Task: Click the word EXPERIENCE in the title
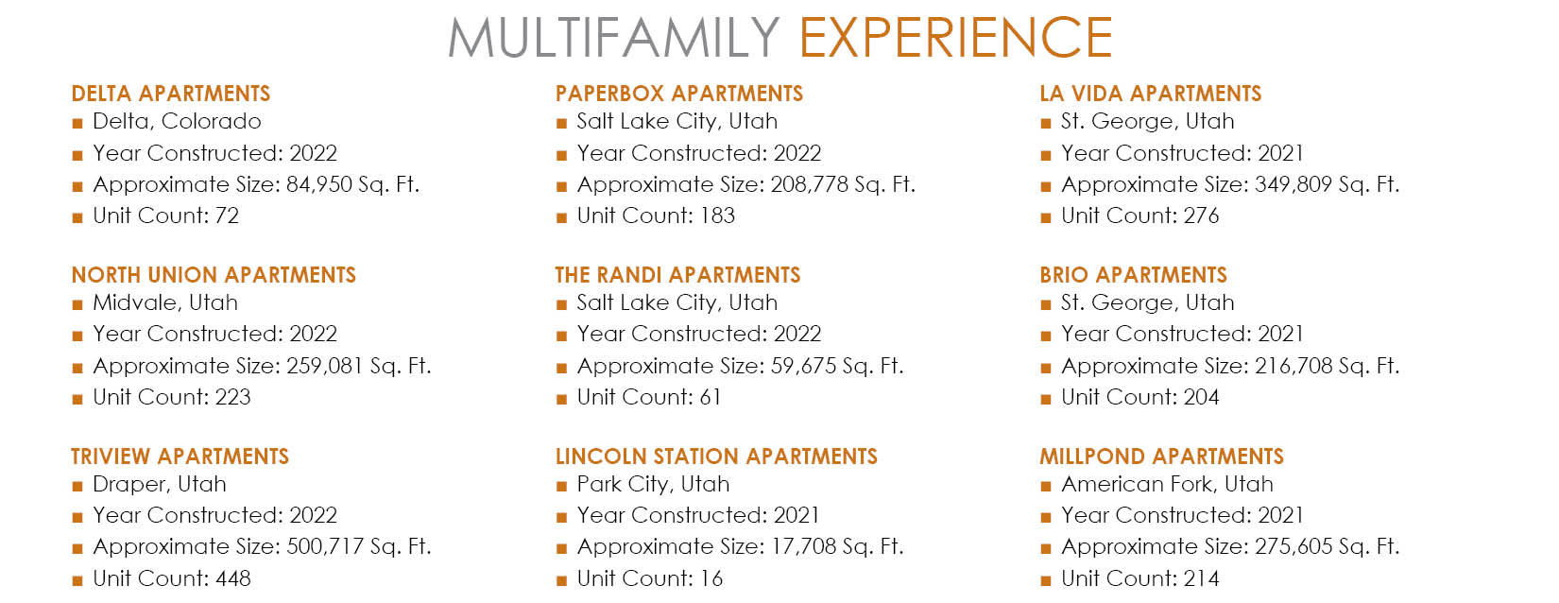(x=955, y=38)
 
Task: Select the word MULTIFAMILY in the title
(x=614, y=38)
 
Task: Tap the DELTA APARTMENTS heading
(x=170, y=94)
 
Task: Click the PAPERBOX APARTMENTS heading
(x=679, y=94)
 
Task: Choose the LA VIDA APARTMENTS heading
(x=1151, y=94)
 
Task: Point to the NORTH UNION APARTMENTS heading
(x=214, y=275)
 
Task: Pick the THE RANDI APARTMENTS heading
(x=677, y=275)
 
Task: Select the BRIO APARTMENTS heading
(x=1133, y=275)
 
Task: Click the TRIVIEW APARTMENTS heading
(x=180, y=457)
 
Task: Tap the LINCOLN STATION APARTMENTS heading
(x=716, y=457)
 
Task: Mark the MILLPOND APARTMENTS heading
(x=1161, y=457)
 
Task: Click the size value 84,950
(x=318, y=185)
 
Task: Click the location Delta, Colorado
(x=177, y=121)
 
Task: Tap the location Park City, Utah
(x=653, y=485)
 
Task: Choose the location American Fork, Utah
(x=1167, y=484)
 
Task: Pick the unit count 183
(x=717, y=215)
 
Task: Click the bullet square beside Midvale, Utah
(x=77, y=304)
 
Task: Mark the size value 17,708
(x=804, y=547)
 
